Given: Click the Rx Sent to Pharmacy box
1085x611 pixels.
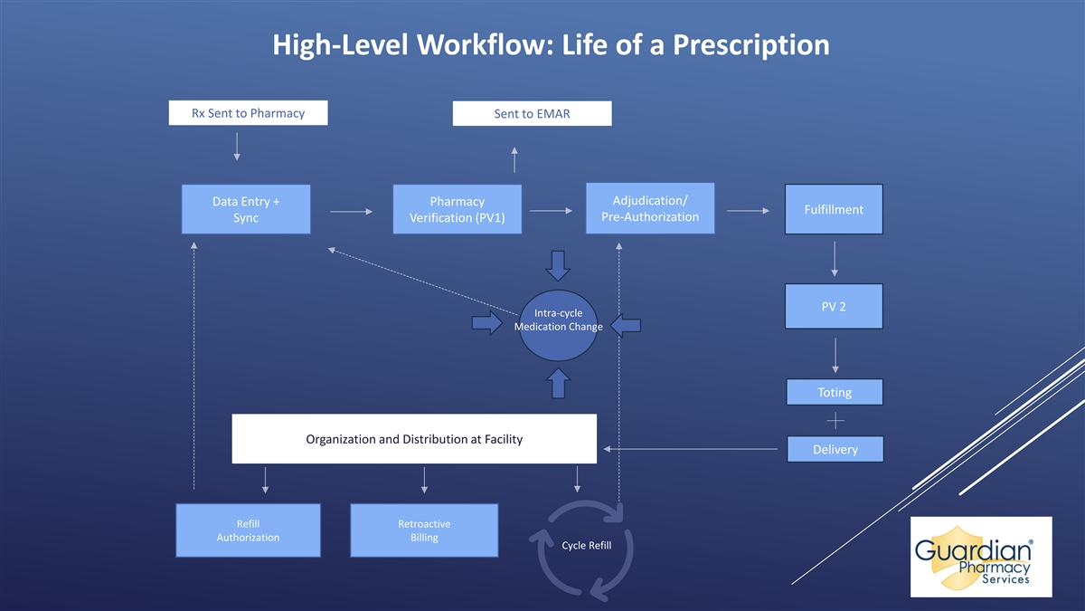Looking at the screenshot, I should pyautogui.click(x=248, y=113).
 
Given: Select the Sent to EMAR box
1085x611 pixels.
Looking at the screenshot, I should pyautogui.click(x=532, y=114).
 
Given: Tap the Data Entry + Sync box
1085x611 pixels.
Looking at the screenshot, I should pyautogui.click(x=246, y=210).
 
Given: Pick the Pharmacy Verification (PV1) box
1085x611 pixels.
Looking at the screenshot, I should pyautogui.click(x=457, y=210).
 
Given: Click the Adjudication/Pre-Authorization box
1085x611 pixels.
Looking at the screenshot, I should pyautogui.click(x=649, y=209).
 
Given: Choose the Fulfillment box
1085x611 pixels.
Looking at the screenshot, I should pyautogui.click(x=834, y=210).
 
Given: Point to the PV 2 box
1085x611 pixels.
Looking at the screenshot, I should pyautogui.click(x=834, y=306).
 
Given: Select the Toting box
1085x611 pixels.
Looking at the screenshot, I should pyautogui.click(x=835, y=392).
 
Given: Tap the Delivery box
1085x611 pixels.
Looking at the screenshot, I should pyautogui.click(x=835, y=449).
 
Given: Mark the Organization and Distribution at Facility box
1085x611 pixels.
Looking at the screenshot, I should pyautogui.click(x=414, y=439).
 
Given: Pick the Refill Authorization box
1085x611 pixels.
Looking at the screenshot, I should pyautogui.click(x=248, y=530).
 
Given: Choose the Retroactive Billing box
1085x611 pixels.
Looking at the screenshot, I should pyautogui.click(x=424, y=530).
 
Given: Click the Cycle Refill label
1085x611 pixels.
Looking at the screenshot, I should pyautogui.click(x=586, y=546).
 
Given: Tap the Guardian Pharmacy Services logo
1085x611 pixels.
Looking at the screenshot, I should pyautogui.click(x=981, y=557).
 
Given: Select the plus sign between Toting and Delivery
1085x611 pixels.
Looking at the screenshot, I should pyautogui.click(x=835, y=421).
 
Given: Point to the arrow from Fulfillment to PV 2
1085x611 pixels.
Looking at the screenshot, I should pyautogui.click(x=834, y=261).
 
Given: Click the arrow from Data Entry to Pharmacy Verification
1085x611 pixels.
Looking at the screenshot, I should pyautogui.click(x=352, y=212).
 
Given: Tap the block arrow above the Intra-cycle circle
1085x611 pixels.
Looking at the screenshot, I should pyautogui.click(x=558, y=265).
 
